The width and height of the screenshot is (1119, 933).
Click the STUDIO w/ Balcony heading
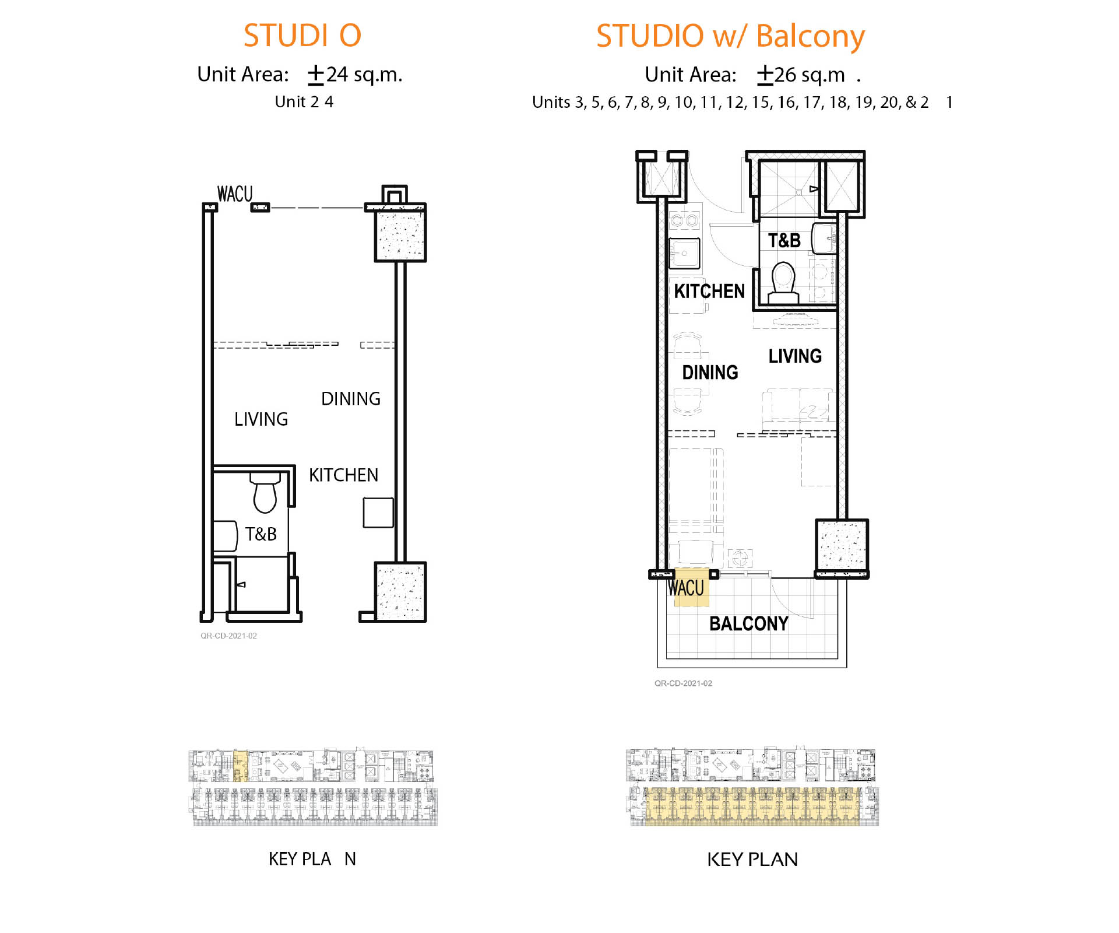(730, 36)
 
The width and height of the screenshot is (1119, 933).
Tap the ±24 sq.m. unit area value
(355, 75)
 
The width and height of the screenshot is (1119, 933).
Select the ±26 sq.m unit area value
(801, 75)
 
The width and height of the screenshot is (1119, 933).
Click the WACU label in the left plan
(235, 194)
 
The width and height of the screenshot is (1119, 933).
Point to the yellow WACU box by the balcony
(691, 587)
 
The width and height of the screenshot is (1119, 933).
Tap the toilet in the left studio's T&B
(266, 493)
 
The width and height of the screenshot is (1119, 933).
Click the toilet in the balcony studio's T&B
(783, 282)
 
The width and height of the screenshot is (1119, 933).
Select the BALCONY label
(748, 623)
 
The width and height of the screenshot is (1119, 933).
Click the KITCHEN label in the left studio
(343, 475)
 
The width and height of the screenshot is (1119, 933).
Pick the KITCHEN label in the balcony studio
(709, 291)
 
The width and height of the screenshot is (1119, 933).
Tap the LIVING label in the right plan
(795, 356)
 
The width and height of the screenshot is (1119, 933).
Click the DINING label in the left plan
(351, 399)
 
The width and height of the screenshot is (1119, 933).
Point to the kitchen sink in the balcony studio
(684, 253)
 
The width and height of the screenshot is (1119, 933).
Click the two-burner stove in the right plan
(684, 220)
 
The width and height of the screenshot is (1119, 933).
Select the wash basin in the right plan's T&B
(824, 238)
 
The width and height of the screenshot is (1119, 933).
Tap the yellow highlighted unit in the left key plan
(241, 766)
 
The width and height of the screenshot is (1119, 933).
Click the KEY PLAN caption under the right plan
(752, 859)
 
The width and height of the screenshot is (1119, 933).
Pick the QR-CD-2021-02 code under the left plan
(228, 636)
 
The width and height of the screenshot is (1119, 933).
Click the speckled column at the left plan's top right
(400, 236)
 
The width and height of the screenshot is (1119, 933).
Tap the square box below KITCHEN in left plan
(378, 513)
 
